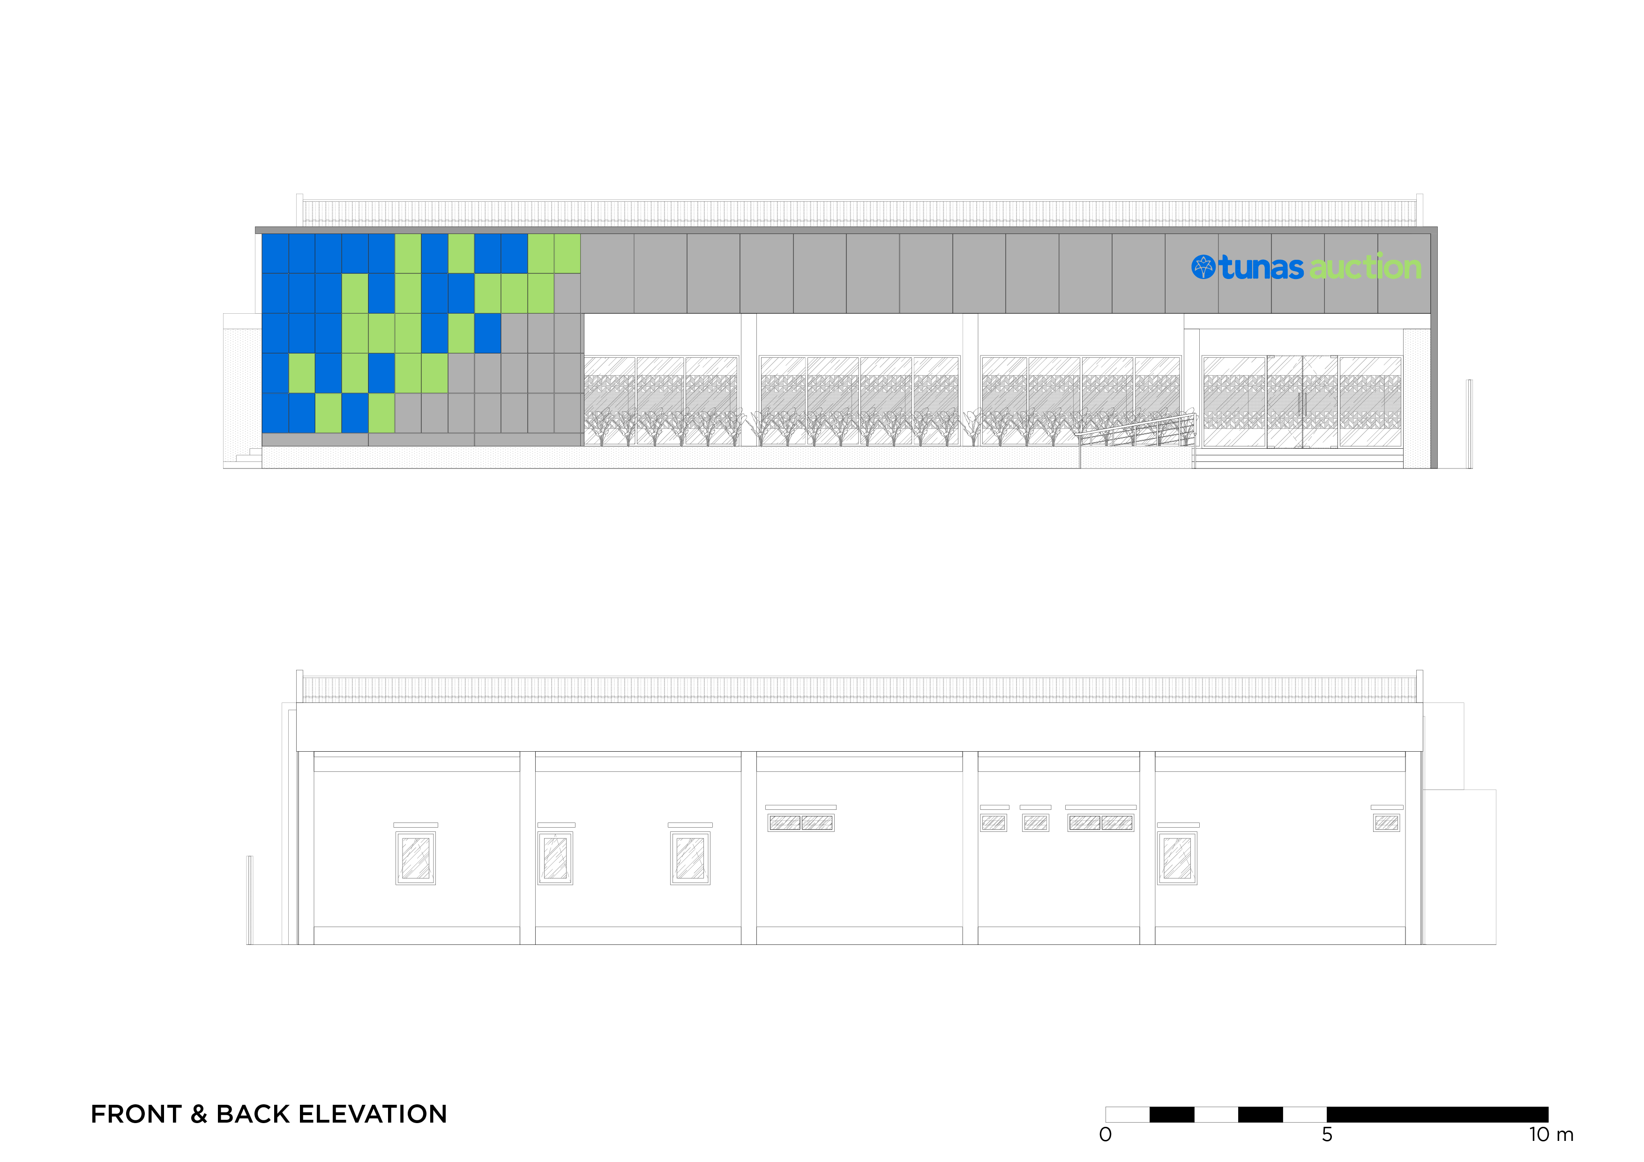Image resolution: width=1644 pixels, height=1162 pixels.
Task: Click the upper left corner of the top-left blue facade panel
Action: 262,234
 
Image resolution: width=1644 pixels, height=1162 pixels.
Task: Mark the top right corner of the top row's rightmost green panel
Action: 580,234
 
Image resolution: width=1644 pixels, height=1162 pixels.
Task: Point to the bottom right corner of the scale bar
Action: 1549,1122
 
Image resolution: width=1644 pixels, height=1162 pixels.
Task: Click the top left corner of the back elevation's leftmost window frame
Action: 396,832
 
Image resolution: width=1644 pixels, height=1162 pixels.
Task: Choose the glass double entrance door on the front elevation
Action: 1302,402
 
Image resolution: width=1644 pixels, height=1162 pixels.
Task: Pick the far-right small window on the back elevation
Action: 1387,822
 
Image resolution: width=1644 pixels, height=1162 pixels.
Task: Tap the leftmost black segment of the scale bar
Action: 1172,1114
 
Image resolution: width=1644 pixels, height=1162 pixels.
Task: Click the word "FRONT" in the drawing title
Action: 136,1115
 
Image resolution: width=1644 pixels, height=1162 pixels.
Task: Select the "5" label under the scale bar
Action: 1327,1135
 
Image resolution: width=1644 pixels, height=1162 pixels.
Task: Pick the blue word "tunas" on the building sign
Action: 1262,267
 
